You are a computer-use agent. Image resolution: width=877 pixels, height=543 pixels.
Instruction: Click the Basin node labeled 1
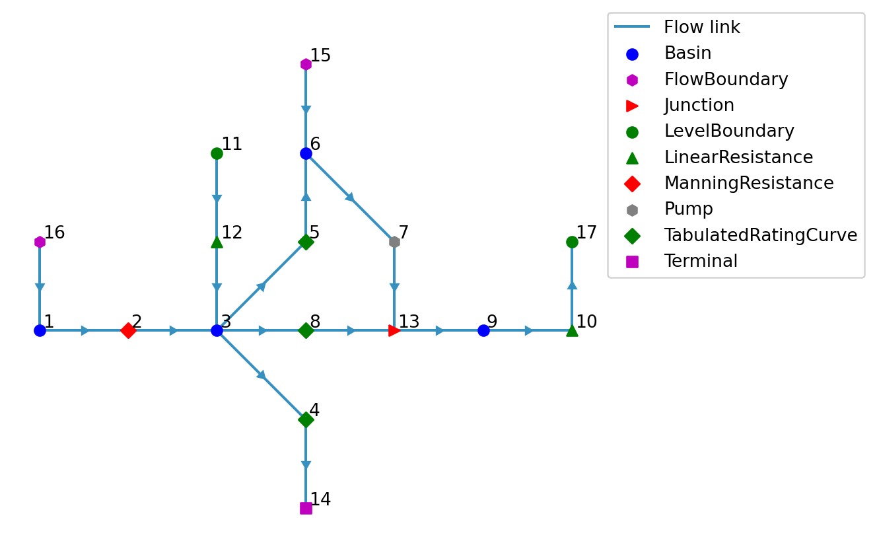40,330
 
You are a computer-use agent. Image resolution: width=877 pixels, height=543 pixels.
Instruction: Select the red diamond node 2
128,330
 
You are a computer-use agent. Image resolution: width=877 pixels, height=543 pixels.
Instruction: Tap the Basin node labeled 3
217,330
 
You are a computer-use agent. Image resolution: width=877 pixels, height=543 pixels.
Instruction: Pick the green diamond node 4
306,419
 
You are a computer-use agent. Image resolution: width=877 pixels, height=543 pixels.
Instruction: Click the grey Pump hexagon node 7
394,242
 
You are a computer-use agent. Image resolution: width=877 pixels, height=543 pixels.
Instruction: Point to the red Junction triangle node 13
394,330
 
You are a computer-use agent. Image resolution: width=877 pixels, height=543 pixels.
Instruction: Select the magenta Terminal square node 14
306,508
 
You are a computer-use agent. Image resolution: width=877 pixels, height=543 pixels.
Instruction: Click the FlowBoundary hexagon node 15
306,64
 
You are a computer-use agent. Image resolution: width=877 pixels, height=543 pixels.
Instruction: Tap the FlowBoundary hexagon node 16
40,242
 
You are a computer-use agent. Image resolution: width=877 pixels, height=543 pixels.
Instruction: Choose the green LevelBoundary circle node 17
572,242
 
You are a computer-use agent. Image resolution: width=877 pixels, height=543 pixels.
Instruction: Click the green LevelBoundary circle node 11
217,153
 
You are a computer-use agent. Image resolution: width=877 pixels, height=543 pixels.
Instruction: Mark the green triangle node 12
217,242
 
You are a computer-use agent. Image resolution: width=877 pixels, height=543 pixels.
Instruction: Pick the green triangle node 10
572,330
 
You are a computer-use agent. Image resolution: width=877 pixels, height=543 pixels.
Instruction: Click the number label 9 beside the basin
492,322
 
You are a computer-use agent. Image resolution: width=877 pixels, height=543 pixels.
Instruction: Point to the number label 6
315,145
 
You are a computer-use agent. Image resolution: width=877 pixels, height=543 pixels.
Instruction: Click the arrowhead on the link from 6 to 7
350,197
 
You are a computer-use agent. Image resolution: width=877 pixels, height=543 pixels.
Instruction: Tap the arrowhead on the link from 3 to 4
262,375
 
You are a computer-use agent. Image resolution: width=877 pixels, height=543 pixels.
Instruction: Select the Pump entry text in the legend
688,209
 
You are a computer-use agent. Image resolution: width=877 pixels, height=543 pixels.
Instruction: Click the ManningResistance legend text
748,184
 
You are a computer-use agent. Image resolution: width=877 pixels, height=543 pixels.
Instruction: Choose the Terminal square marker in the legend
632,262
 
